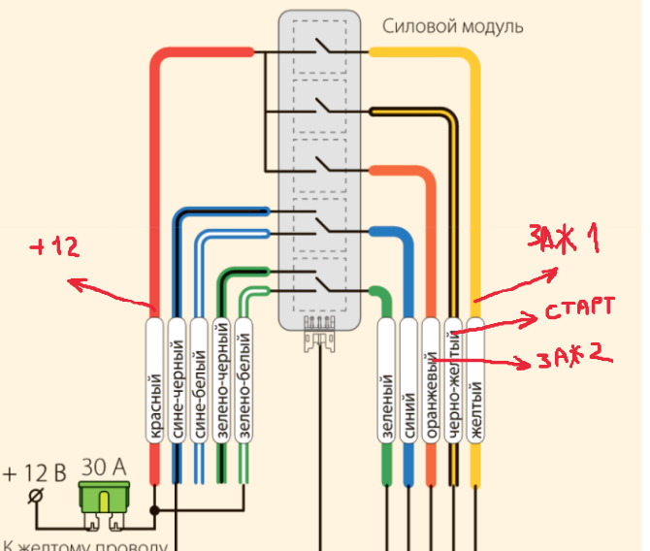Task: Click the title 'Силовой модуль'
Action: (452, 26)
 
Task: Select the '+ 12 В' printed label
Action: (34, 473)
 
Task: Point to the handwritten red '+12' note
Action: (53, 247)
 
